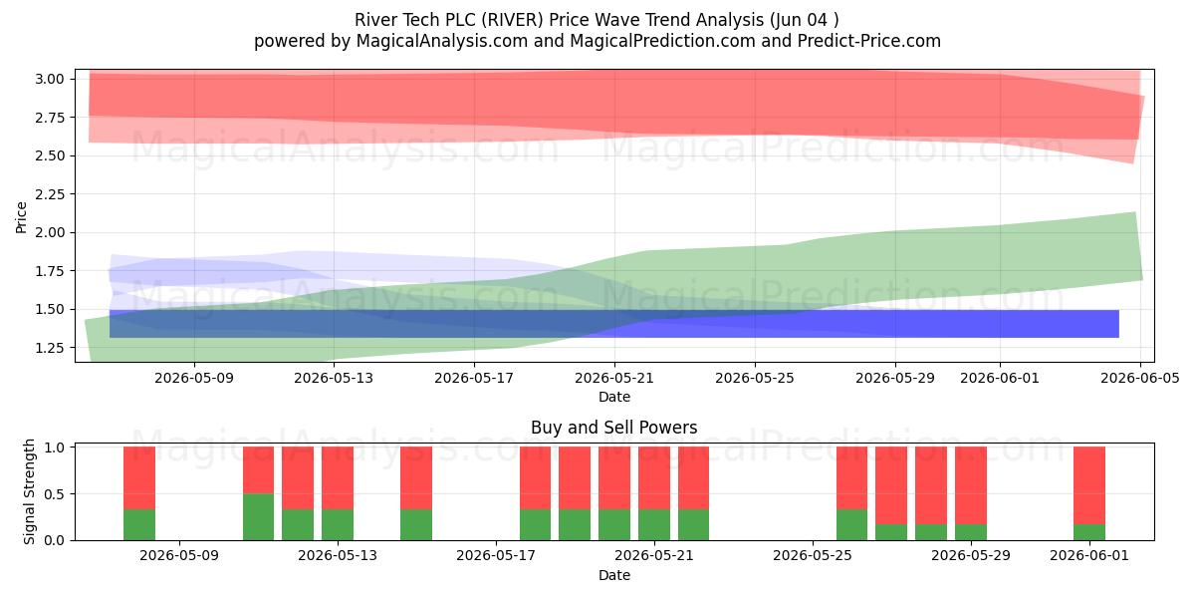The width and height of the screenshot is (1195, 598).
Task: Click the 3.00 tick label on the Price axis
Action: pos(50,79)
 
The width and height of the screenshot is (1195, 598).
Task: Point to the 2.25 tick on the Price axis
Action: pos(50,194)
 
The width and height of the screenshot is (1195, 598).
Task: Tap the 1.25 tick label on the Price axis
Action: pos(50,348)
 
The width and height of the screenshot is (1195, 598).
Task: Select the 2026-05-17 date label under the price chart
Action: pos(474,378)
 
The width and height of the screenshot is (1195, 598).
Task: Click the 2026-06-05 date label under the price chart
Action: pos(1140,378)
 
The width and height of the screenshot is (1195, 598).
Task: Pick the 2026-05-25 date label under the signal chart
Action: pos(813,556)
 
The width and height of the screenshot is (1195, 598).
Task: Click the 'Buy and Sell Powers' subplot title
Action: pos(614,428)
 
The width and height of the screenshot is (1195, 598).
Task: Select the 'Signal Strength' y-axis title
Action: pos(29,491)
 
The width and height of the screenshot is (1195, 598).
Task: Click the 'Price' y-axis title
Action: pos(21,217)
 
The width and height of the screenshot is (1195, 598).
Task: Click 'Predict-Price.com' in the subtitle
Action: pos(869,41)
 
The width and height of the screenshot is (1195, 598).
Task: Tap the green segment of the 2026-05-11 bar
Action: pos(258,517)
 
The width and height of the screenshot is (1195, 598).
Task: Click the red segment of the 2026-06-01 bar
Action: pos(1089,486)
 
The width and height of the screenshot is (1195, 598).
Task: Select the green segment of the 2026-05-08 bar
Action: pos(139,525)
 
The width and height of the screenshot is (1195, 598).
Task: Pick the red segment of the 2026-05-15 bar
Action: pos(416,478)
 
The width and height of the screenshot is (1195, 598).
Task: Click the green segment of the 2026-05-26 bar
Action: pos(852,525)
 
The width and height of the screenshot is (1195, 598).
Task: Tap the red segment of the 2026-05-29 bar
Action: pos(971,486)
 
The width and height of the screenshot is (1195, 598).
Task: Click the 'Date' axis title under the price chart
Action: pos(614,398)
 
